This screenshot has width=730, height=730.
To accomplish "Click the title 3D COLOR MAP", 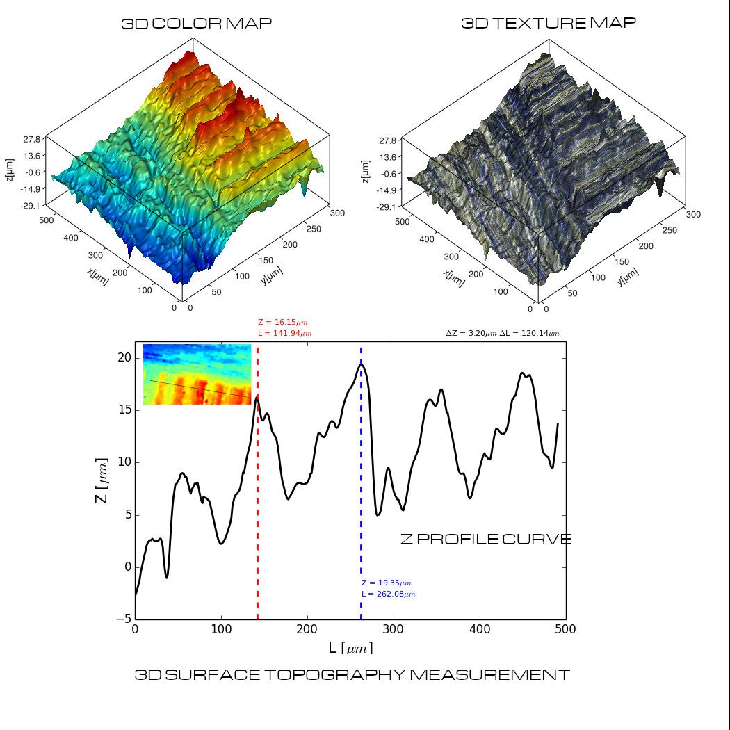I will tap(197, 24).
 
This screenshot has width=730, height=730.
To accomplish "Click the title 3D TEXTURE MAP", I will tap(549, 23).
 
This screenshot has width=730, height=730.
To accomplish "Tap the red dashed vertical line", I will tap(257, 487).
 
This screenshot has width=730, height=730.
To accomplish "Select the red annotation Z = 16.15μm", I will tap(282, 323).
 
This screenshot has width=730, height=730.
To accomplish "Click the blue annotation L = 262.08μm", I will tap(389, 594).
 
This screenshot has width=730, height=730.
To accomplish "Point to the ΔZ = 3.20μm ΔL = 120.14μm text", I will tap(502, 334).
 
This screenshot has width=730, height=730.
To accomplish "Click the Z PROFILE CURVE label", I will tap(486, 539).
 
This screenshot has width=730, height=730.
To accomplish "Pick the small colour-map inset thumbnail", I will tap(197, 374).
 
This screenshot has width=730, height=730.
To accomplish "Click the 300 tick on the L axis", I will tap(394, 630).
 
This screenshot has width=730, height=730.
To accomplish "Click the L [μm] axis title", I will tap(350, 648).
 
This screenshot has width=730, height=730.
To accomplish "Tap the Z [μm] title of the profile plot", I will tap(102, 480).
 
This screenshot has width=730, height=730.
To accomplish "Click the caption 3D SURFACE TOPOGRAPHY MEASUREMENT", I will tap(352, 674).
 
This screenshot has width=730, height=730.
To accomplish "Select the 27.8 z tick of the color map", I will tap(32, 139).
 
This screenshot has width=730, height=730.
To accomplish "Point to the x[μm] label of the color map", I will tap(98, 277).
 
